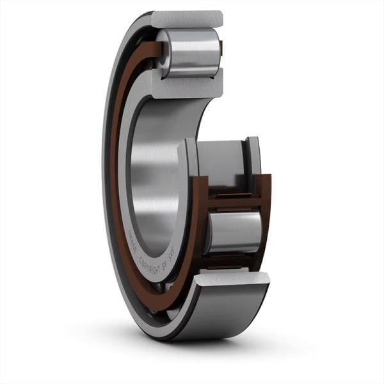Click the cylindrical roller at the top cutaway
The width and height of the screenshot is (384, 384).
pos(192,52)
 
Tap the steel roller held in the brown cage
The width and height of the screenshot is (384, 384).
pos(234,230)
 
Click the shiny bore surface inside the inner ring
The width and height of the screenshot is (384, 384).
pos(154,166)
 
